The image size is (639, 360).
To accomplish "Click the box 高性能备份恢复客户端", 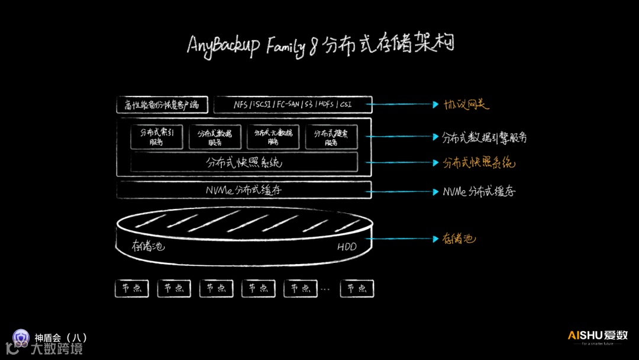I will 162,105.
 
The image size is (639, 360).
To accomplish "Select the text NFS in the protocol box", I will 241,105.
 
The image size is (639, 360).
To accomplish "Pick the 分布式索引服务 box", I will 156,137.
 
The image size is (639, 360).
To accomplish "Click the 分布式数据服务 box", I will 215,137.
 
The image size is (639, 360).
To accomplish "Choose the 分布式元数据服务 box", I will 273,137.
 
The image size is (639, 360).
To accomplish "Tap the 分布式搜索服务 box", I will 331,137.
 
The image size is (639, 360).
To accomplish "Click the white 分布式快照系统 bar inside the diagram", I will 244,162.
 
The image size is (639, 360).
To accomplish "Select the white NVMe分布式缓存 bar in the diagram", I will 244,190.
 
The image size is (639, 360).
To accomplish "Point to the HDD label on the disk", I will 347,246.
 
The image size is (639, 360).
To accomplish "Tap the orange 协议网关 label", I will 467,105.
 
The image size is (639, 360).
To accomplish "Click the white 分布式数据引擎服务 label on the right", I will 484,137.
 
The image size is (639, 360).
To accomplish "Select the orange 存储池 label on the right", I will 459,239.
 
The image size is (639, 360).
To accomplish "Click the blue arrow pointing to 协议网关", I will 402,105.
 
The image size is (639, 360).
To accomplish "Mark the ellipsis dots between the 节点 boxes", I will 325,290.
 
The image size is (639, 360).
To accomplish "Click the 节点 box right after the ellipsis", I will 357,288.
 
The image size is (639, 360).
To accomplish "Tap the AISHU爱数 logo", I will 598,336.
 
